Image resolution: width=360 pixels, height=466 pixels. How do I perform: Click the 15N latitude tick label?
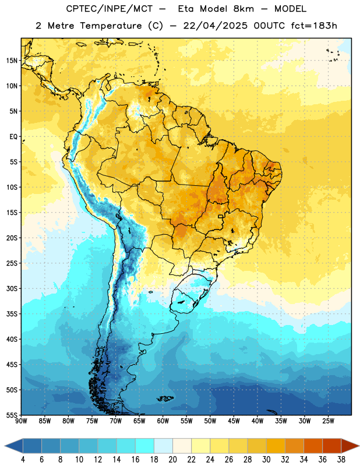12,61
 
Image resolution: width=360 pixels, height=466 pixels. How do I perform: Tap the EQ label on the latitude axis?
13,137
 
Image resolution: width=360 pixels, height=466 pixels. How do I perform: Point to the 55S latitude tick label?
12,415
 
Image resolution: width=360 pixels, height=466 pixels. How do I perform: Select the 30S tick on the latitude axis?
12,288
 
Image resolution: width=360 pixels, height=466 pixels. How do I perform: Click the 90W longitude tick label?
22,421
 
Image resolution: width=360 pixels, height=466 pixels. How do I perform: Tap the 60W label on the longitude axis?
163,421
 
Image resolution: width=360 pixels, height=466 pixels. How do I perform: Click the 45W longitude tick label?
234,421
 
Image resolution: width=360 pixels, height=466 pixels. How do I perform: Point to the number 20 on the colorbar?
172,460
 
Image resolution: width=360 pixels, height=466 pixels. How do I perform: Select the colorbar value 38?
341,460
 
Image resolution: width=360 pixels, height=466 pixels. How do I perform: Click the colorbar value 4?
23,460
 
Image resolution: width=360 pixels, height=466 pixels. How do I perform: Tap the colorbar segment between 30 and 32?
276,446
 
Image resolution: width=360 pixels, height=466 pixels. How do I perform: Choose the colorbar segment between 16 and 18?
144,446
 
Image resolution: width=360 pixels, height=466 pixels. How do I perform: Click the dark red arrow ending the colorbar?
350,446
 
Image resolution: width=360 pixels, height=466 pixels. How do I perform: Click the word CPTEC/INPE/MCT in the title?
110,9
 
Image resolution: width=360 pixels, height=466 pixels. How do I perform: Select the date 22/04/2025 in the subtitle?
215,26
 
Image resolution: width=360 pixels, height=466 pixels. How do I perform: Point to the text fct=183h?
314,26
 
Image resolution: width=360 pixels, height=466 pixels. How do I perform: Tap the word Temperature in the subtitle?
111,26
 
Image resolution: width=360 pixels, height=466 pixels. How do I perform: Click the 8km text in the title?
243,9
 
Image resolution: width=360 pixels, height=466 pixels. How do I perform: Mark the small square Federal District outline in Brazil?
221,216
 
